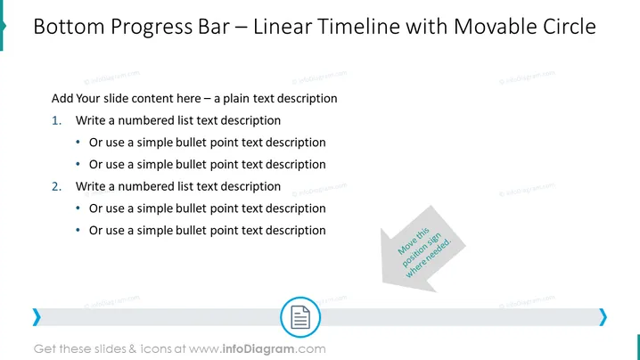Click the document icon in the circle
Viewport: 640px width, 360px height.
300,317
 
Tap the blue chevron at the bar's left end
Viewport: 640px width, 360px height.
37,317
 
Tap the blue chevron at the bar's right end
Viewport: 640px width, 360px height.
603,317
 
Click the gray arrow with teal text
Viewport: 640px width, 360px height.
423,250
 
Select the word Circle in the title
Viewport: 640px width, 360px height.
570,27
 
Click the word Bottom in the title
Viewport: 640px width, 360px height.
69,27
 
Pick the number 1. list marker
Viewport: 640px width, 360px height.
57,121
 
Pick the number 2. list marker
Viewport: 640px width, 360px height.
57,186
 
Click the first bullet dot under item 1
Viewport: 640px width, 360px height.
78,143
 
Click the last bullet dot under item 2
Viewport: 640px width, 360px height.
78,231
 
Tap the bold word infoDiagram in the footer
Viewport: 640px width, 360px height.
258,349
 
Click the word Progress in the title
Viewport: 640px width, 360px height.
151,27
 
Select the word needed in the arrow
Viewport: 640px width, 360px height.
439,252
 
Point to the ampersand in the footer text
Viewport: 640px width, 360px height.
132,349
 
